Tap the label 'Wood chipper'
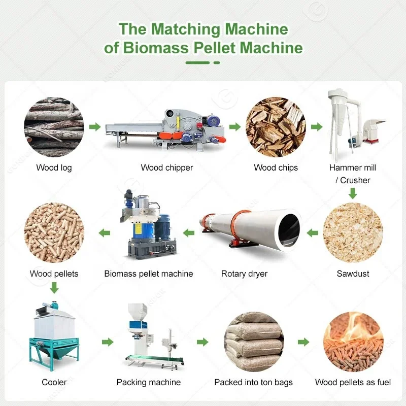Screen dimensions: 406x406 click(x=167, y=167)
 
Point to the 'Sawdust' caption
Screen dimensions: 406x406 click(x=353, y=274)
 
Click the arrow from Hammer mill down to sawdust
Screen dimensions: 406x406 click(x=353, y=193)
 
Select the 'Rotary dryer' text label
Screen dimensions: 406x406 click(x=244, y=274)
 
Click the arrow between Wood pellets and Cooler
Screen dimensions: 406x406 click(x=54, y=288)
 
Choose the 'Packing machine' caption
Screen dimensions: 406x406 click(x=149, y=382)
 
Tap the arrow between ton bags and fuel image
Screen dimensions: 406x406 click(x=303, y=342)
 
